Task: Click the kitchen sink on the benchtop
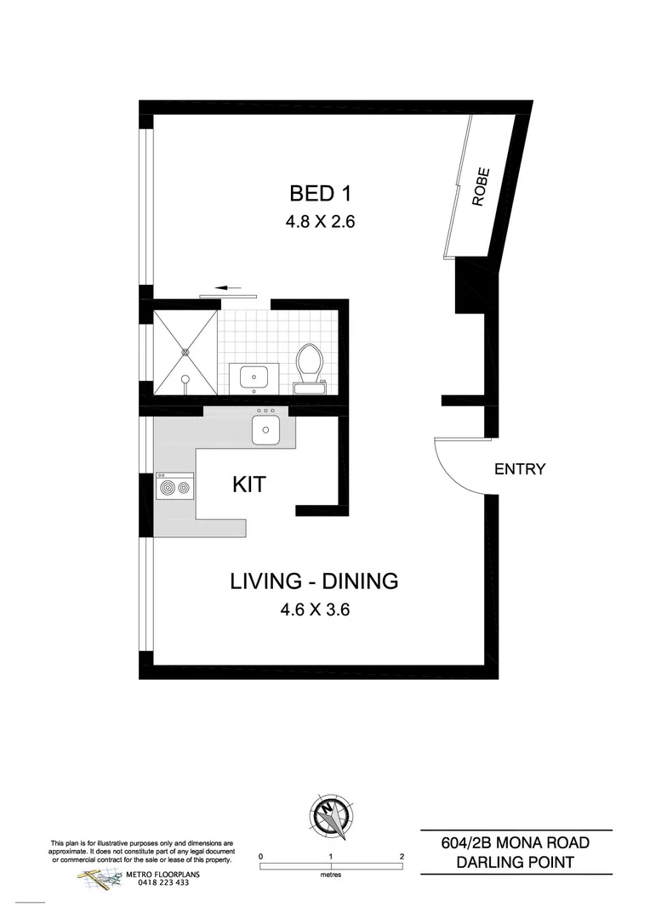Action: (x=266, y=427)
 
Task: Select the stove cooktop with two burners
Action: (x=174, y=489)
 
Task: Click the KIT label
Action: (x=249, y=485)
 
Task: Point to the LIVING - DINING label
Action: (x=314, y=582)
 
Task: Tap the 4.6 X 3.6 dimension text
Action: (x=314, y=609)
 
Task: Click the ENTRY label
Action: (x=519, y=469)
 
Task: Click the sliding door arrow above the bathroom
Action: (x=225, y=288)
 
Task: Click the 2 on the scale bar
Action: (x=401, y=856)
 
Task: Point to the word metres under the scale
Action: (x=330, y=875)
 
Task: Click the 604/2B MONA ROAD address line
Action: (x=516, y=843)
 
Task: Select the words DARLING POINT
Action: (x=516, y=863)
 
